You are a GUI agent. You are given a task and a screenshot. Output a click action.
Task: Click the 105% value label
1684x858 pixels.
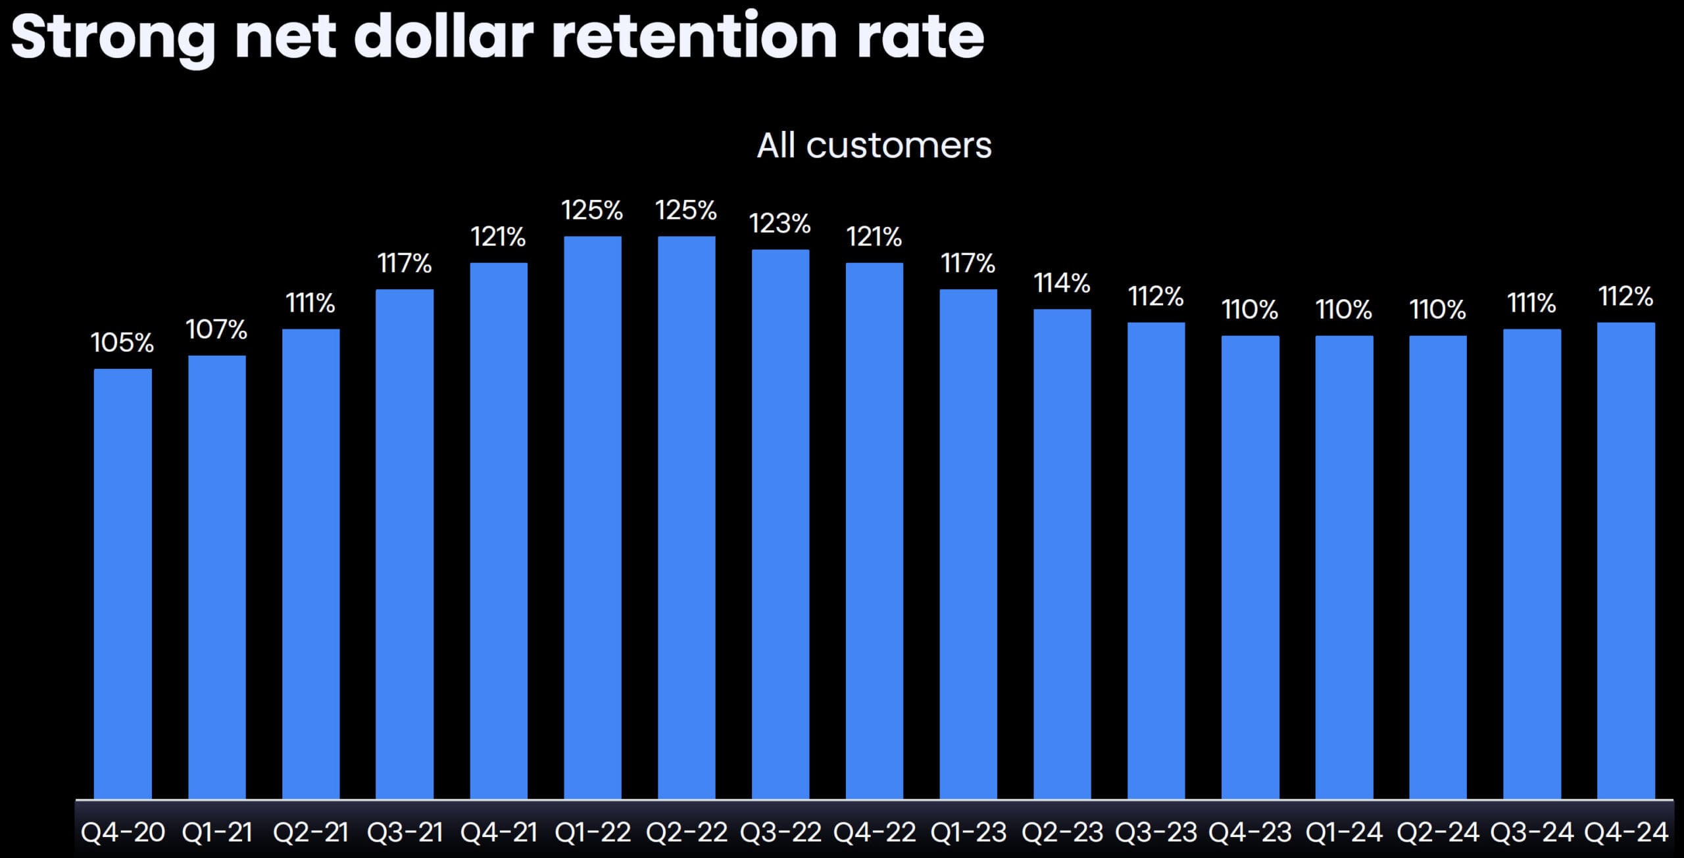pos(122,343)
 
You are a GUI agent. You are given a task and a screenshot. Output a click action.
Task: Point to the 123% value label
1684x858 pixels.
pos(780,224)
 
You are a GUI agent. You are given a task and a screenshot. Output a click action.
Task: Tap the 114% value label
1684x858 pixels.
pos(1062,283)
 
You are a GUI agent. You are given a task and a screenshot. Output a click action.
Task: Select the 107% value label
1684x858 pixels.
pos(216,329)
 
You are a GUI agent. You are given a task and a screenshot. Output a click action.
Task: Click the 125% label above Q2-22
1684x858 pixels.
pos(686,210)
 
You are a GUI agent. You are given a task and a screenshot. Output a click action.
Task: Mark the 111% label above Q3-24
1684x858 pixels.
pos(1531,303)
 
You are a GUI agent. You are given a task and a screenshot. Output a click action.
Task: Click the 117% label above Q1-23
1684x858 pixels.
pos(968,263)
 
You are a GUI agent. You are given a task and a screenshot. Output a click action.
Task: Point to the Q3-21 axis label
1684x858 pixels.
pos(405,832)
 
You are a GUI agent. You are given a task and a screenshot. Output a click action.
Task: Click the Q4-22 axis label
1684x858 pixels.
pos(874,832)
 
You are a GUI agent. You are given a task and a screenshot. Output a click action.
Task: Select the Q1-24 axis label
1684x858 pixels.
pos(1344,832)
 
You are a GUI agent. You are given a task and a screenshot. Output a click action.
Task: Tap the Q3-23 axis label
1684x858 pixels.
pos(1156,832)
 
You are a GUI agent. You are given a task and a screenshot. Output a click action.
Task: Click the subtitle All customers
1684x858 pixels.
pos(874,145)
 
